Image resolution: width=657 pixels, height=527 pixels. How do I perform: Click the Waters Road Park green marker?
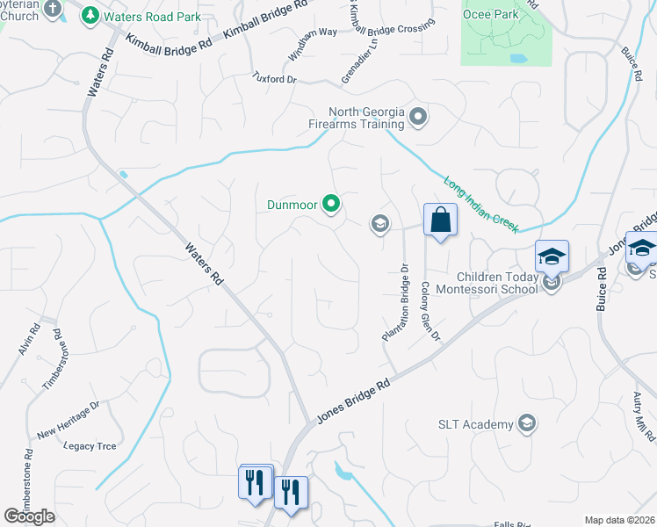pos(90,15)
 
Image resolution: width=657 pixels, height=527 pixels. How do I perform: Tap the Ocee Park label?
pos(493,14)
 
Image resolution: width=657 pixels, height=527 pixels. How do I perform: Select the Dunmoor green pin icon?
pos(331,206)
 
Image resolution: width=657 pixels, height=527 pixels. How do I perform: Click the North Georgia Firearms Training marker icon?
pos(418,116)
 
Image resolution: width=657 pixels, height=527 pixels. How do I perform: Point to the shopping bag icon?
pos(439,220)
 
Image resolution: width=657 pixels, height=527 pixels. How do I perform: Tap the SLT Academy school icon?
pos(526,424)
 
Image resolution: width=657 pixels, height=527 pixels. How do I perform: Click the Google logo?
pos(29,516)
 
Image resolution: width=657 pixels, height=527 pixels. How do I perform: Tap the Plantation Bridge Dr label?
pos(395,303)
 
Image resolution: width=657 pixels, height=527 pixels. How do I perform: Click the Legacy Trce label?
pos(90,446)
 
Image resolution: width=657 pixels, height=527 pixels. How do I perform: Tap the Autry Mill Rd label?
pos(645,416)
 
